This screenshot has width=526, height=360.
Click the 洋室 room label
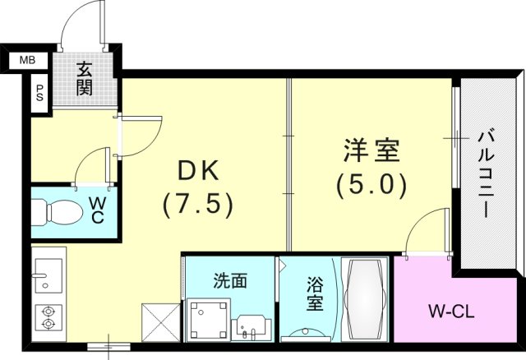pos(371,152)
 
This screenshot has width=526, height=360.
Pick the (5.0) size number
pos(371,185)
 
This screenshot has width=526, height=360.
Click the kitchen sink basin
pos(46,270)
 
